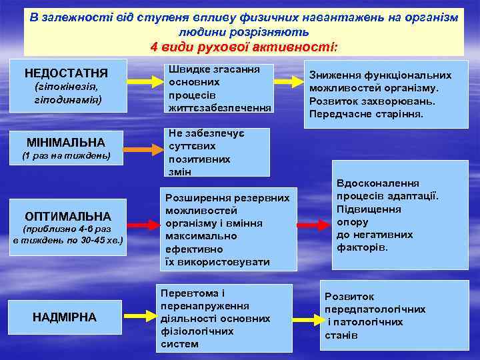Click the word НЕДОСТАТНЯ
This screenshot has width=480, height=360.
pos(66,73)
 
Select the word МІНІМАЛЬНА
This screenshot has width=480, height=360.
pos(66,142)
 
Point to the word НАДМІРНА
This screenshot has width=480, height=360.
pos(65,317)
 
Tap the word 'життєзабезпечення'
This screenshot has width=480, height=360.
pos(219,107)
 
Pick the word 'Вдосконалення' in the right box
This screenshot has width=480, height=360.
pos(377,183)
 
